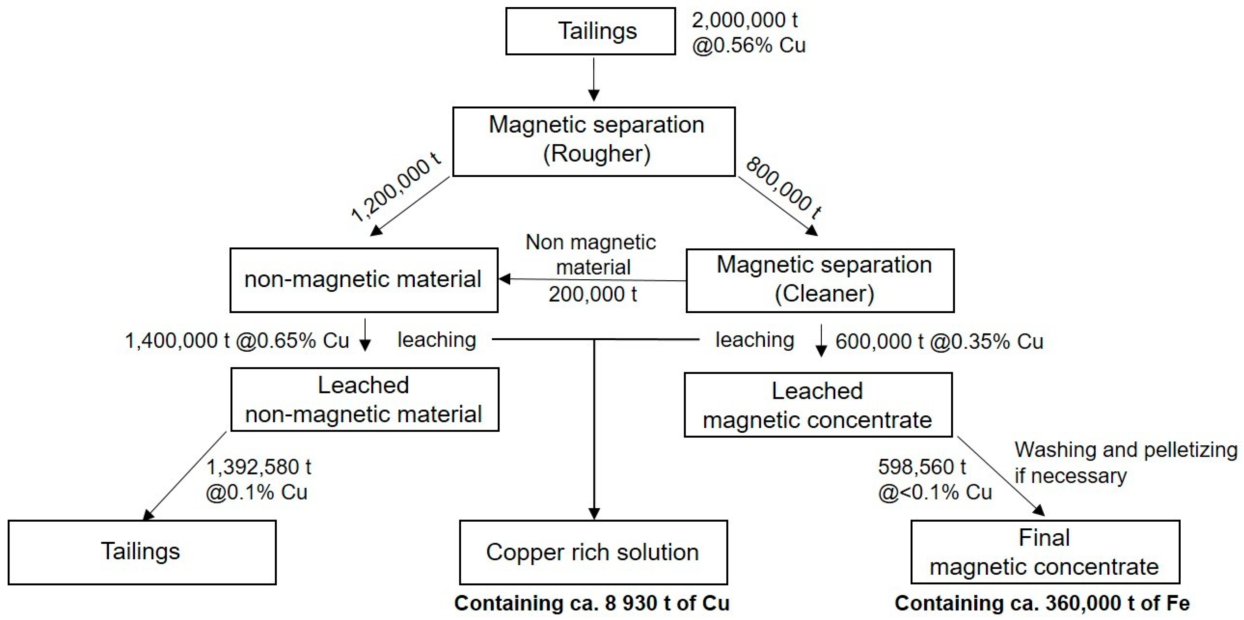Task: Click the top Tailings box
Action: coord(590,31)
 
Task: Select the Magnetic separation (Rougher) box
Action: coord(594,141)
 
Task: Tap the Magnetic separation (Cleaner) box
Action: coord(819,280)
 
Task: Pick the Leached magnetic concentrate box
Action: coord(818,405)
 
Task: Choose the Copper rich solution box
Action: coord(593,552)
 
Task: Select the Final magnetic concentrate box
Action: coord(1044,552)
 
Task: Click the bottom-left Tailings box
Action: coord(141,552)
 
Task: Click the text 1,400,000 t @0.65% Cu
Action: coord(237,341)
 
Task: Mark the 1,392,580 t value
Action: coord(259,467)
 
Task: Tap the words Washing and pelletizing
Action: coord(1126,450)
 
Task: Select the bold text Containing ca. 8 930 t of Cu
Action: coord(592,603)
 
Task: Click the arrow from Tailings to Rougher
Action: coord(594,80)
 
